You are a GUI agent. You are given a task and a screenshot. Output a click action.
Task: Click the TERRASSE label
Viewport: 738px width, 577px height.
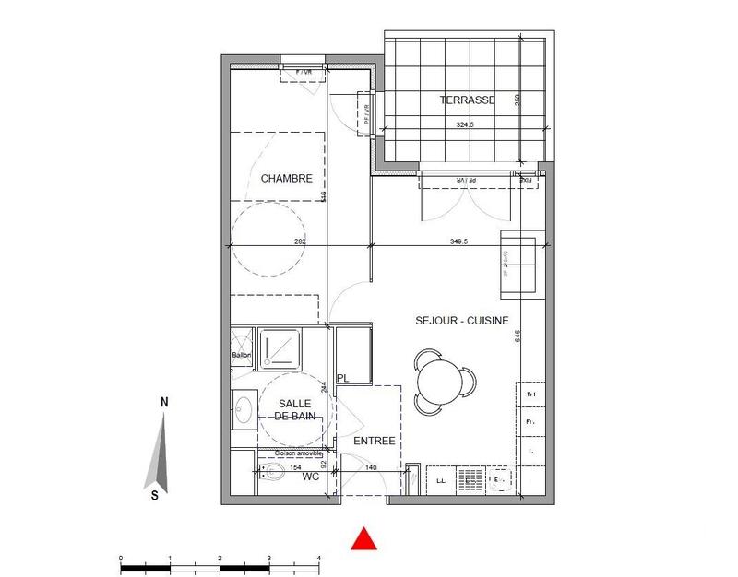tap(467, 100)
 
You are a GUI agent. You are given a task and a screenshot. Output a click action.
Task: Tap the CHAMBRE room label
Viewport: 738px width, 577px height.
tap(286, 179)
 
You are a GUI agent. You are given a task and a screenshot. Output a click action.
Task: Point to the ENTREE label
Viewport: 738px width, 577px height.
tap(375, 442)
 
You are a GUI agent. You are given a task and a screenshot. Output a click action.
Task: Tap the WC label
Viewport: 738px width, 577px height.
tap(311, 477)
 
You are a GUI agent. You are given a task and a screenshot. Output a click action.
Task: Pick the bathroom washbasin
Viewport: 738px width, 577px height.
tap(245, 409)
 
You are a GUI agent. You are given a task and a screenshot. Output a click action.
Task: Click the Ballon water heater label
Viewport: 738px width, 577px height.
tap(242, 355)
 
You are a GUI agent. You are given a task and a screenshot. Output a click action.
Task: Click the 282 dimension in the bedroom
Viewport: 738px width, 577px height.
tap(300, 241)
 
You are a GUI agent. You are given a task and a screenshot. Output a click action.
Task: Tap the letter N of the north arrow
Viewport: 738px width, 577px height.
tap(163, 403)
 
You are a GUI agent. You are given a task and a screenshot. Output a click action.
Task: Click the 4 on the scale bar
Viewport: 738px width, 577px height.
tap(318, 559)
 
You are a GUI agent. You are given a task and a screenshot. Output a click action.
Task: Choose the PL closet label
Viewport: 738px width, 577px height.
tap(343, 379)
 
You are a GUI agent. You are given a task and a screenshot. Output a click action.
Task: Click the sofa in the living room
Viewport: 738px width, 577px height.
tap(519, 265)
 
